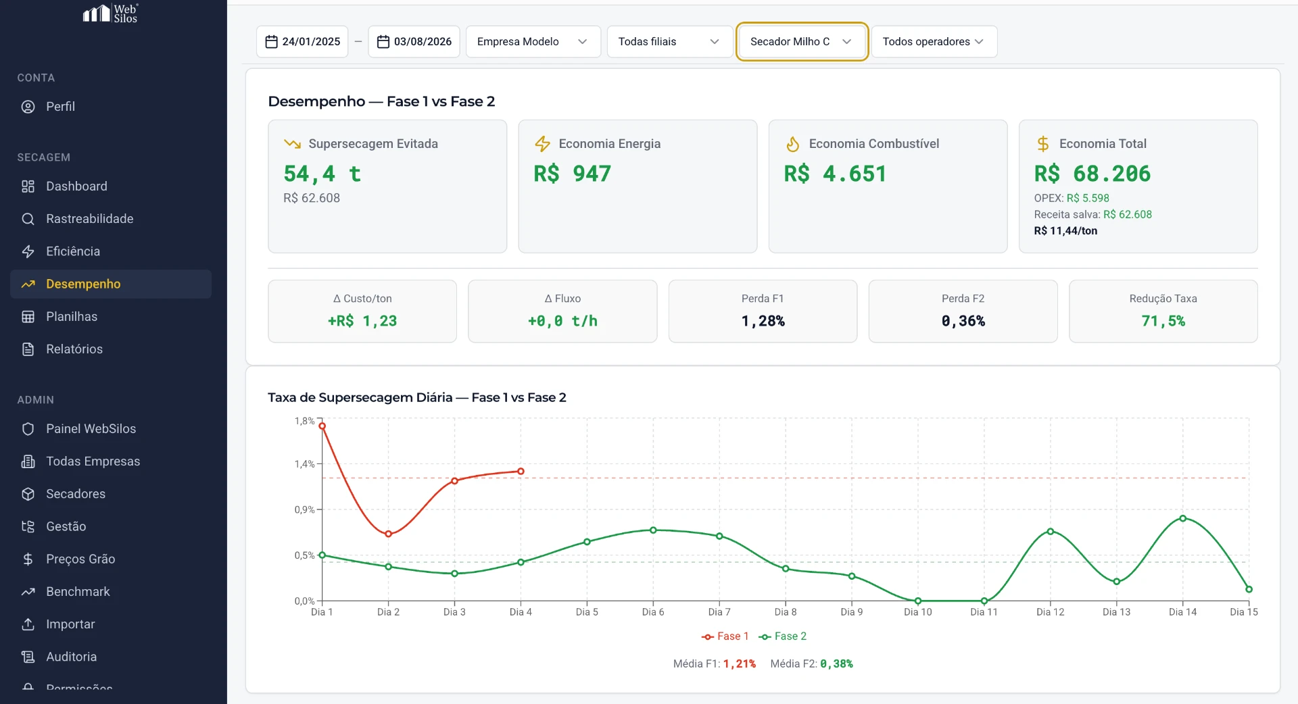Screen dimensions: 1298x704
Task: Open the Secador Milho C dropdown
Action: [x=801, y=42]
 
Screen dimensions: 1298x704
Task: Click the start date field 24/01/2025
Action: [x=302, y=42]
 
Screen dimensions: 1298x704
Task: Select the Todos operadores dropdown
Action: [x=934, y=42]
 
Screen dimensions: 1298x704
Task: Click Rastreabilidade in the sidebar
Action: [x=89, y=219]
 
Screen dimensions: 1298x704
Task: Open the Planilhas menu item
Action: [x=71, y=317]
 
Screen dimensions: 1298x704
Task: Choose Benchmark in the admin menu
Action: [x=78, y=592]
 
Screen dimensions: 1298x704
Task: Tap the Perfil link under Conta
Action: [x=60, y=107]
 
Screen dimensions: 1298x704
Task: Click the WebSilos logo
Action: [x=110, y=14]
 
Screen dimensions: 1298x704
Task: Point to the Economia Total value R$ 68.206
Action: [x=1092, y=174]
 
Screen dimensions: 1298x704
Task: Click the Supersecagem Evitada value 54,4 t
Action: [x=322, y=174]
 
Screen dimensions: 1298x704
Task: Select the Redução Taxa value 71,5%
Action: [x=1163, y=322]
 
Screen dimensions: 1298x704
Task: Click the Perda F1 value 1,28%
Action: [x=763, y=322]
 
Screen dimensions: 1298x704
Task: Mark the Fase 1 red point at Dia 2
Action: [x=389, y=534]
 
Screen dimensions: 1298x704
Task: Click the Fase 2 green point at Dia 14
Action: [x=1183, y=518]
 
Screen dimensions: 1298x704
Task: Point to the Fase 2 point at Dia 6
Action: [x=653, y=530]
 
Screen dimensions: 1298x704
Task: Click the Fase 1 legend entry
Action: [x=725, y=636]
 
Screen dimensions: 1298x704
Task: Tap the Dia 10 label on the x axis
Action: [x=917, y=612]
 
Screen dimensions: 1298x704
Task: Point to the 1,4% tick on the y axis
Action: [x=304, y=464]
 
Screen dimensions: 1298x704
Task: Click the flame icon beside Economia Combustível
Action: [x=793, y=144]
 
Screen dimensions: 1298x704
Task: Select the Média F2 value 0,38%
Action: [x=836, y=664]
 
